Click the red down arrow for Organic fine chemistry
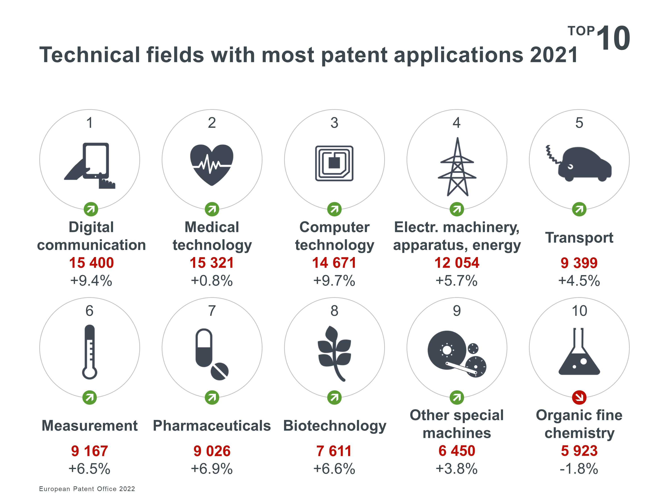(x=579, y=398)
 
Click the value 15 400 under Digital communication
(x=91, y=263)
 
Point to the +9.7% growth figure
(x=334, y=281)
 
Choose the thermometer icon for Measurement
(x=89, y=352)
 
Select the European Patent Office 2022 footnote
(x=87, y=489)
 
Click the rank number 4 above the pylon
(x=457, y=123)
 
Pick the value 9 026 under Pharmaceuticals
(x=212, y=451)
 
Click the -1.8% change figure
(x=579, y=469)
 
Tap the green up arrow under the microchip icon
(x=334, y=209)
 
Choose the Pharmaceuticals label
(x=212, y=426)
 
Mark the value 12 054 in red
(x=457, y=263)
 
